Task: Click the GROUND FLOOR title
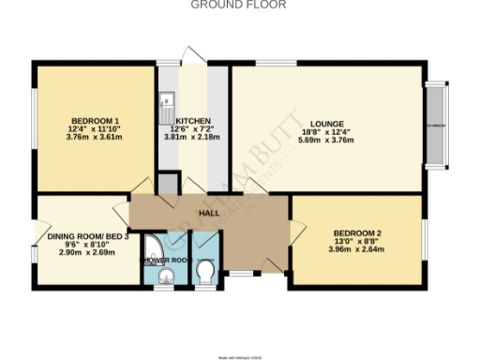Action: [238, 5]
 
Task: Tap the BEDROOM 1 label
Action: [95, 120]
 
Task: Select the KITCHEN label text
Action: [192, 121]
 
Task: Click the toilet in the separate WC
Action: [206, 271]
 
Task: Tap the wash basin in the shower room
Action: [166, 275]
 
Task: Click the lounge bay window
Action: [436, 126]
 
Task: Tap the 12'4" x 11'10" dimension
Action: [95, 128]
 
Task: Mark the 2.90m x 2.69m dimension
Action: [86, 253]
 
